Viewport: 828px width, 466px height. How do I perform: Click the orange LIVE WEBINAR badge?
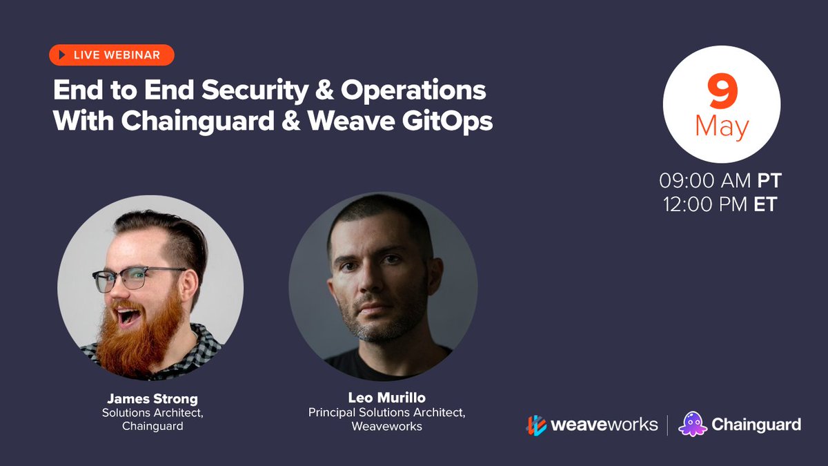point(111,55)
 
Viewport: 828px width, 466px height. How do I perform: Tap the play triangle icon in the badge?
point(62,55)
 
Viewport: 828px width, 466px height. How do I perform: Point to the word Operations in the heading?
point(413,91)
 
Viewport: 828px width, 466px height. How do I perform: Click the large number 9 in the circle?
point(722,93)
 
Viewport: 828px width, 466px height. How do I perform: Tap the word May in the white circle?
point(722,126)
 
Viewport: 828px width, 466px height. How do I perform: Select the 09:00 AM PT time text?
point(720,181)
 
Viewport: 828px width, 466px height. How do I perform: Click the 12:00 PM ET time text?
point(720,204)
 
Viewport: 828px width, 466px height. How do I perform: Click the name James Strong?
point(152,398)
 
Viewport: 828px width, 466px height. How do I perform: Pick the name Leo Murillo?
point(386,398)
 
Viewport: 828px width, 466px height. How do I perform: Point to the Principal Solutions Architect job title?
point(386,412)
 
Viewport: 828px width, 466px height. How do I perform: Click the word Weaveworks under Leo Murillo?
point(386,426)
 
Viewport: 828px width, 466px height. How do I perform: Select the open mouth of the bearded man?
point(126,316)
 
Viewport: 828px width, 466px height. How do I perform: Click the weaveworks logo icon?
point(536,425)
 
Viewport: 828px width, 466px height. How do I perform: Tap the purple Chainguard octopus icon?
point(692,424)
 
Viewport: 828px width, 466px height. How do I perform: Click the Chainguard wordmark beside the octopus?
point(756,425)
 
